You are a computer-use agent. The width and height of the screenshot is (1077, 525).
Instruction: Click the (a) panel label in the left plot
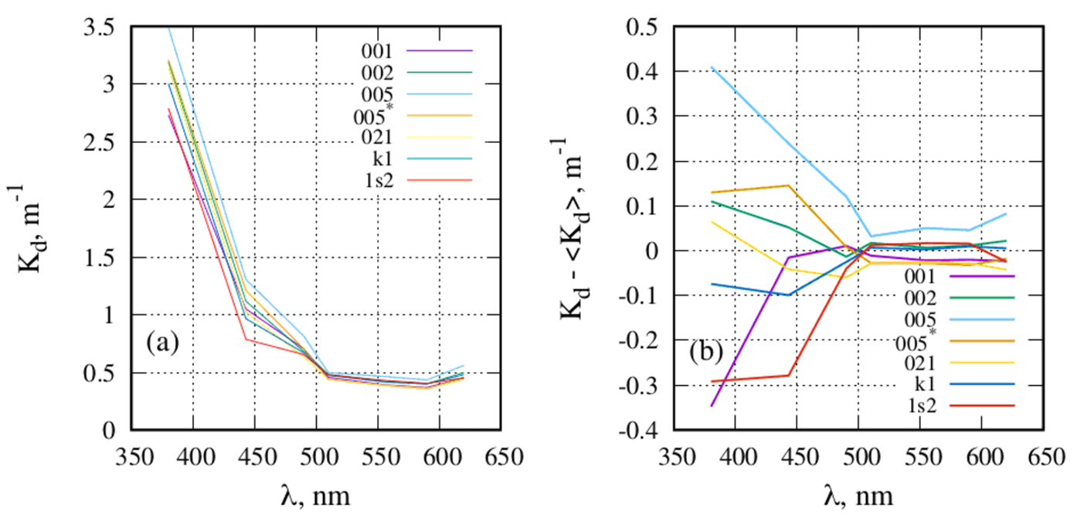163,341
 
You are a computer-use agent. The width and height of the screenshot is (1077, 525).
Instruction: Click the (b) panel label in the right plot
707,352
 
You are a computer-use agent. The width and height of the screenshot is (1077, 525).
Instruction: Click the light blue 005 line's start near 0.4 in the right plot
711,67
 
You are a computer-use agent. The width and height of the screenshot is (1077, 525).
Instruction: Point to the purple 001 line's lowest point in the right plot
711,405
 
